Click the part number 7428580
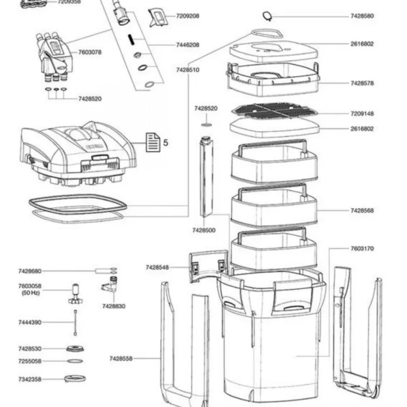click(x=362, y=16)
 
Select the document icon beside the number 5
click(x=153, y=142)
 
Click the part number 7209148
click(x=362, y=114)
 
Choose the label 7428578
click(x=362, y=83)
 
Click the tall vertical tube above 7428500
click(x=205, y=182)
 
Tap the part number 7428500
click(x=204, y=230)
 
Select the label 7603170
click(x=362, y=248)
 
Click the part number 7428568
click(x=362, y=210)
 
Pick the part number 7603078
click(x=90, y=52)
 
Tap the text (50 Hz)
click(x=31, y=293)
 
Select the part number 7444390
click(x=29, y=322)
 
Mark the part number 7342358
click(x=29, y=379)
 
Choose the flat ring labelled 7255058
click(x=75, y=361)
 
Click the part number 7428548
click(x=157, y=267)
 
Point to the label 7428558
click(x=121, y=358)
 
